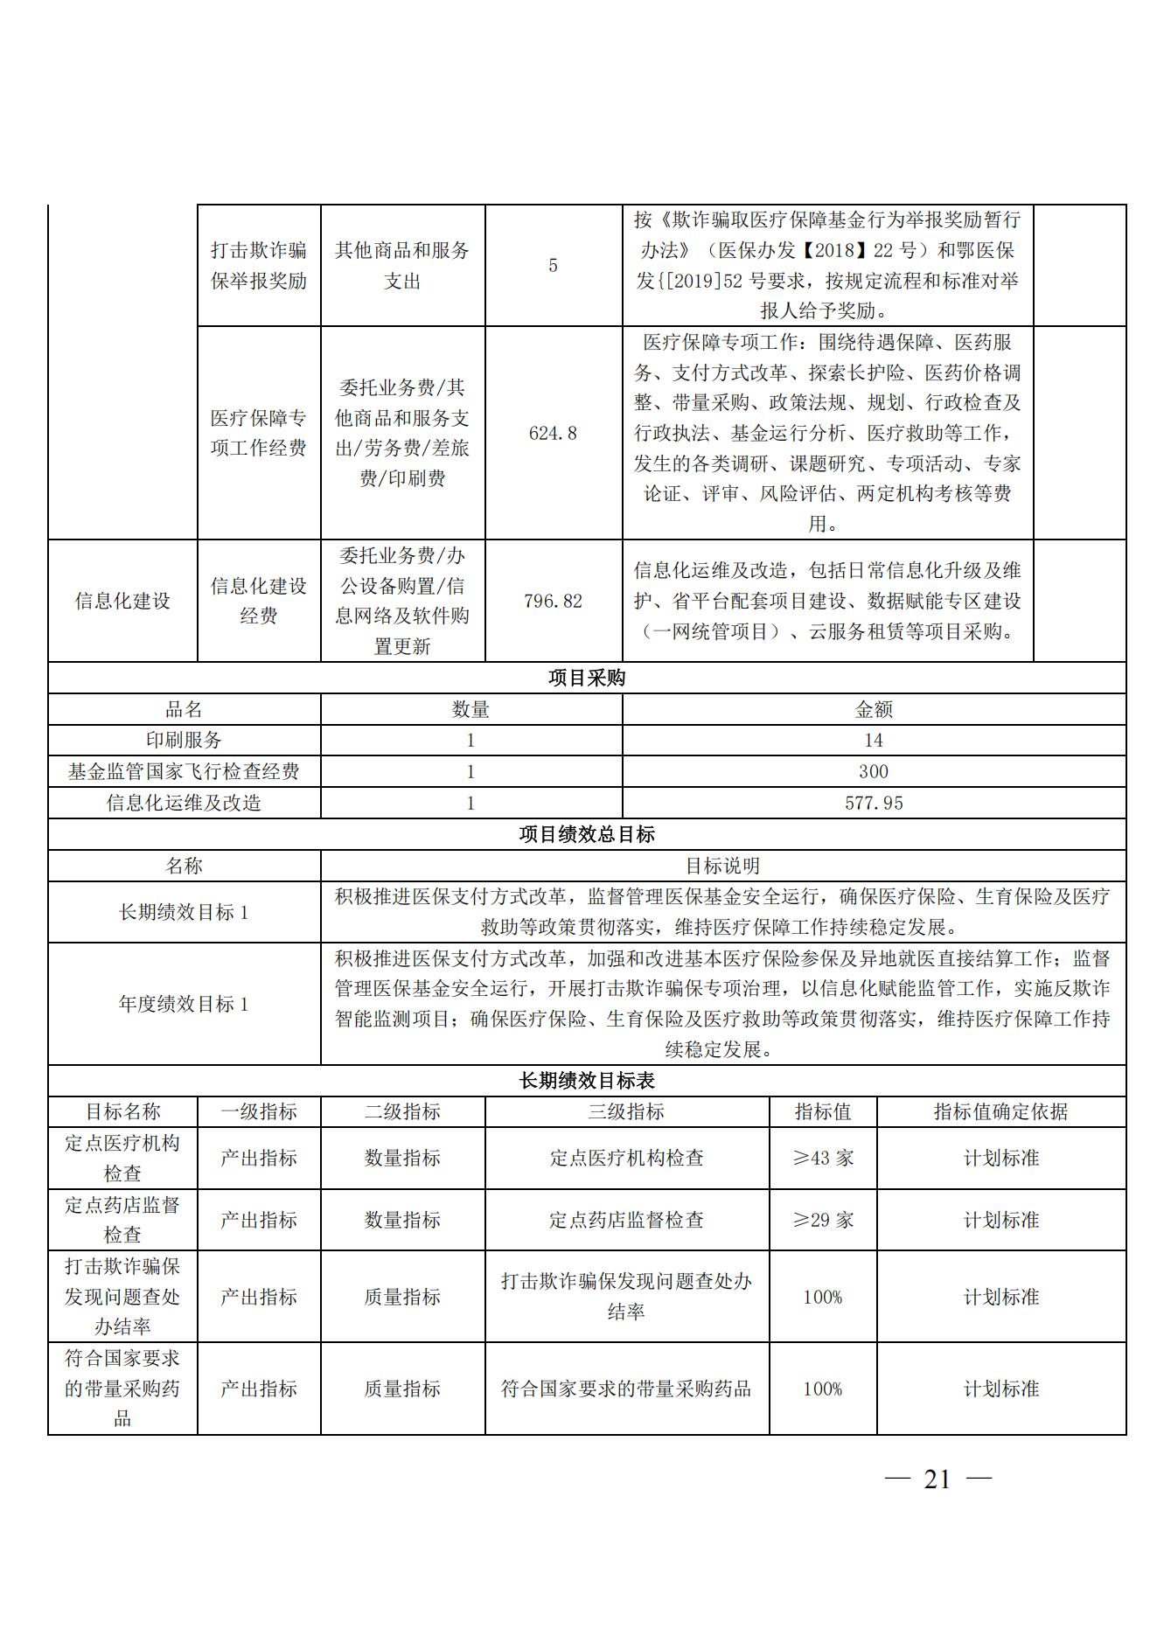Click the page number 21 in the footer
click(x=937, y=1479)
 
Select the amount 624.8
click(x=553, y=433)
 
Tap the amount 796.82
click(x=553, y=601)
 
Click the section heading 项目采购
click(x=586, y=678)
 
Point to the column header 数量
click(x=470, y=709)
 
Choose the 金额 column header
click(x=873, y=709)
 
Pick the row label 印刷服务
click(x=184, y=740)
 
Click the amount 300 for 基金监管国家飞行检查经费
click(x=873, y=771)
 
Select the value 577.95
click(x=873, y=803)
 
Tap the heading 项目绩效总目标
click(x=586, y=834)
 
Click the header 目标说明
click(x=722, y=866)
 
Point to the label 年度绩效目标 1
click(x=184, y=1004)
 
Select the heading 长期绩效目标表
click(x=586, y=1081)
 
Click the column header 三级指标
click(x=626, y=1111)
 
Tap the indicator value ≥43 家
click(x=822, y=1158)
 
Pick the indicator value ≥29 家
click(x=822, y=1220)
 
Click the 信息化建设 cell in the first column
click(x=122, y=601)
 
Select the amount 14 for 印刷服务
click(x=873, y=740)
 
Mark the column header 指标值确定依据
click(x=1000, y=1111)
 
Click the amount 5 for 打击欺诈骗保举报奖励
click(x=553, y=265)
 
